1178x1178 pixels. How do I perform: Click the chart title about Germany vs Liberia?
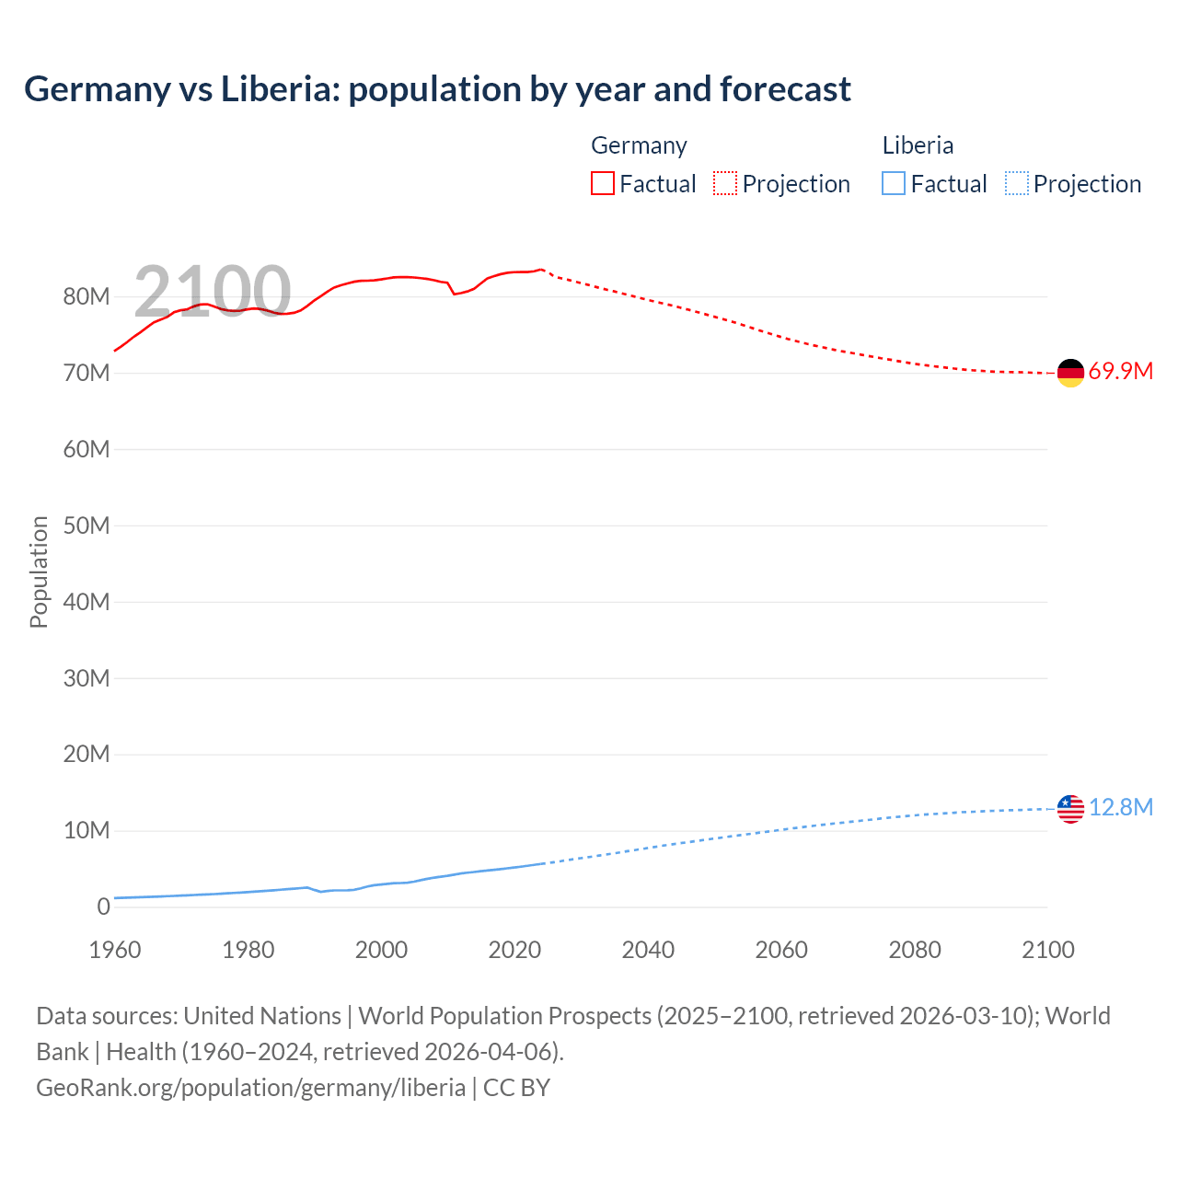coord(437,89)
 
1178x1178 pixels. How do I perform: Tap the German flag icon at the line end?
coord(1070,373)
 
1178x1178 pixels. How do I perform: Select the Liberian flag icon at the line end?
coord(1070,809)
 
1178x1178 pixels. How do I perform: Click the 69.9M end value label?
coord(1120,371)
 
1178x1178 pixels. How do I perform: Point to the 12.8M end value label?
coord(1120,807)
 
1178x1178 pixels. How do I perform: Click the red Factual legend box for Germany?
coord(603,183)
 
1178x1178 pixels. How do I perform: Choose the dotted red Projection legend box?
coord(725,183)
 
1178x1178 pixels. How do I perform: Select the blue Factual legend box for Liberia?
coord(894,183)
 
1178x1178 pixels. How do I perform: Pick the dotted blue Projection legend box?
coord(1017,183)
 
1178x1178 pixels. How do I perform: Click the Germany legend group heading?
coord(639,145)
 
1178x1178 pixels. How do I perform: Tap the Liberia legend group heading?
coord(918,145)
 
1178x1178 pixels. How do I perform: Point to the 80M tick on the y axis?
coord(87,296)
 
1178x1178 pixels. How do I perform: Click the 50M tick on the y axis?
coord(87,525)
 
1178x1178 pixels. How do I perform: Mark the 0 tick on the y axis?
coord(103,907)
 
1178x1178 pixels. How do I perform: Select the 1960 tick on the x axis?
coord(115,950)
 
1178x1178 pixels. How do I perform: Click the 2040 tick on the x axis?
coord(648,950)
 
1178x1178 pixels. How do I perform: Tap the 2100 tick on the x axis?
coord(1047,950)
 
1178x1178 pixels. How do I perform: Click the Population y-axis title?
coord(39,572)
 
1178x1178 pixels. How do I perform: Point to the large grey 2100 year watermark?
coord(213,292)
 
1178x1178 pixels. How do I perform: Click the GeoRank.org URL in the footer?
coord(250,1087)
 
